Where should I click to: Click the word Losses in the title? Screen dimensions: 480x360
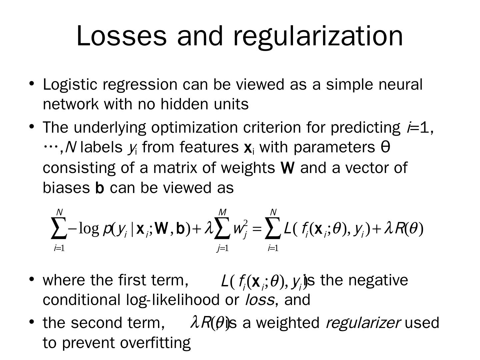(x=121, y=36)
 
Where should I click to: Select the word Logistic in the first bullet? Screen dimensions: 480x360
(x=70, y=85)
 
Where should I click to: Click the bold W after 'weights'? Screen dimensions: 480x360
(x=288, y=168)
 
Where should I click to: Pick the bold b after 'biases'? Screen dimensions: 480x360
(x=100, y=188)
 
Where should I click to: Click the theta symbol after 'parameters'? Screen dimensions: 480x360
(x=385, y=147)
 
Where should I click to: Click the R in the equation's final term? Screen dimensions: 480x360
(x=399, y=229)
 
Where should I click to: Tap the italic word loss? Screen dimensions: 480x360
(x=259, y=300)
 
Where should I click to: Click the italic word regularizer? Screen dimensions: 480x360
(x=362, y=323)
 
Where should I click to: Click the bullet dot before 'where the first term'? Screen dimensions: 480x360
(x=32, y=279)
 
